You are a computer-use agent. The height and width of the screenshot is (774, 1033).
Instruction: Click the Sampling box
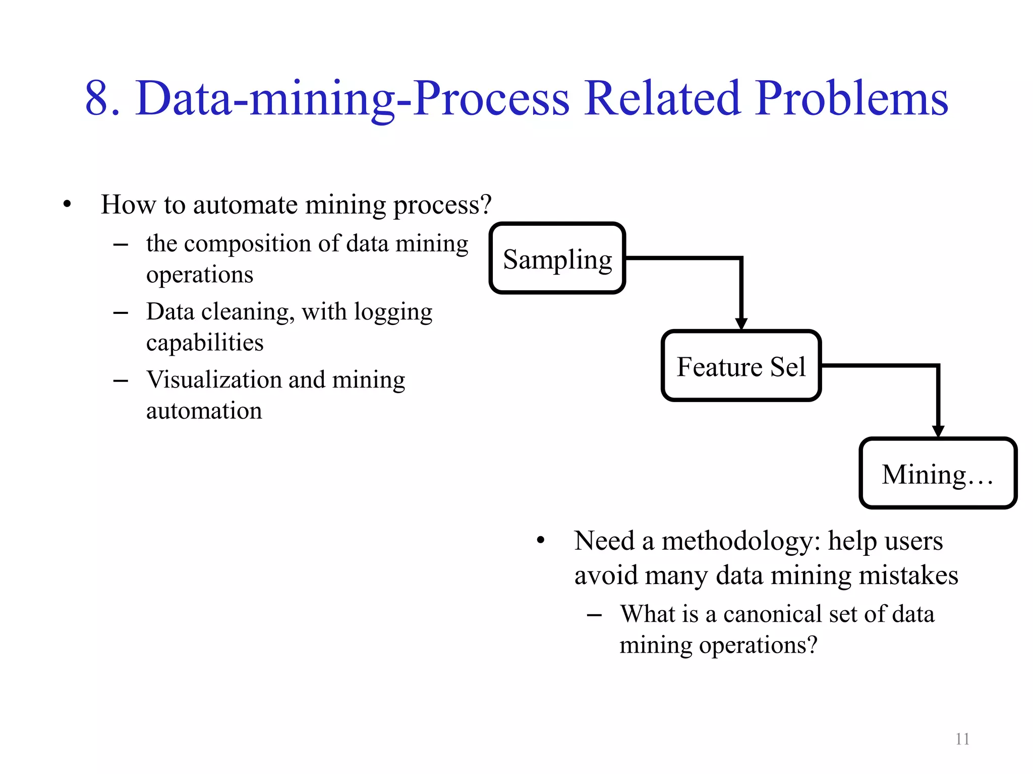tap(557, 258)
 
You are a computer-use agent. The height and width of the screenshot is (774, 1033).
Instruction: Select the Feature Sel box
tap(740, 366)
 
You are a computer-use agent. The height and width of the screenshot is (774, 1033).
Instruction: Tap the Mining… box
tap(937, 474)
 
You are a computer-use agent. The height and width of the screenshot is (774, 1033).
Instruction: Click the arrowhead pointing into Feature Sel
tap(741, 324)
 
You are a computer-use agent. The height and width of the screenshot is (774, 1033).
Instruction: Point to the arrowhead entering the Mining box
tap(938, 431)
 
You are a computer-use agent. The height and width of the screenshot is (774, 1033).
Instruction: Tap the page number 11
tap(962, 739)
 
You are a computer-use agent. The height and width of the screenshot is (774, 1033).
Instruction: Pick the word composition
tap(248, 244)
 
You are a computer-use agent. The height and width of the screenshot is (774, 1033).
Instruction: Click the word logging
tap(393, 312)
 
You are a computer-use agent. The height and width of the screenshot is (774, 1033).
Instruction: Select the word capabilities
tap(205, 343)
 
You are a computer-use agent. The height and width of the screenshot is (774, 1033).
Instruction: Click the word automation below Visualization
tap(204, 411)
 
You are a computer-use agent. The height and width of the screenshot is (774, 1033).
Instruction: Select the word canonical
tap(773, 614)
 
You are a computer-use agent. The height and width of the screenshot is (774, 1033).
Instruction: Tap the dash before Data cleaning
tap(121, 313)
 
